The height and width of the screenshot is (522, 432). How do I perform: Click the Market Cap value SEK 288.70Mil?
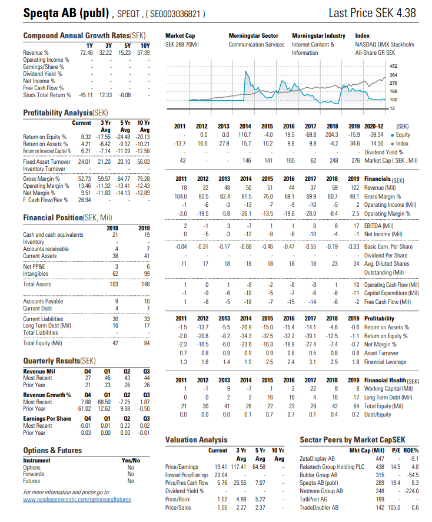tap(182, 45)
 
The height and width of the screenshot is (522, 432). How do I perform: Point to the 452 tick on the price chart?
tap(394, 65)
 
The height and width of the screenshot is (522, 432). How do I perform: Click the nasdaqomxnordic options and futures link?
tap(77, 499)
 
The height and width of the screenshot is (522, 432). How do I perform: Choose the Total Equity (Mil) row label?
tap(44, 343)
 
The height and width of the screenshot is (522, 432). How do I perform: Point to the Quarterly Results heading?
tap(59, 360)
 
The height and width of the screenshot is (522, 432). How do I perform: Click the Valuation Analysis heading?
tap(196, 440)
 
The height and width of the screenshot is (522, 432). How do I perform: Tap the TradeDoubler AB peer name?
tap(320, 507)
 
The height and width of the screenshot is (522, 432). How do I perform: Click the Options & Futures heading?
tap(52, 451)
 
